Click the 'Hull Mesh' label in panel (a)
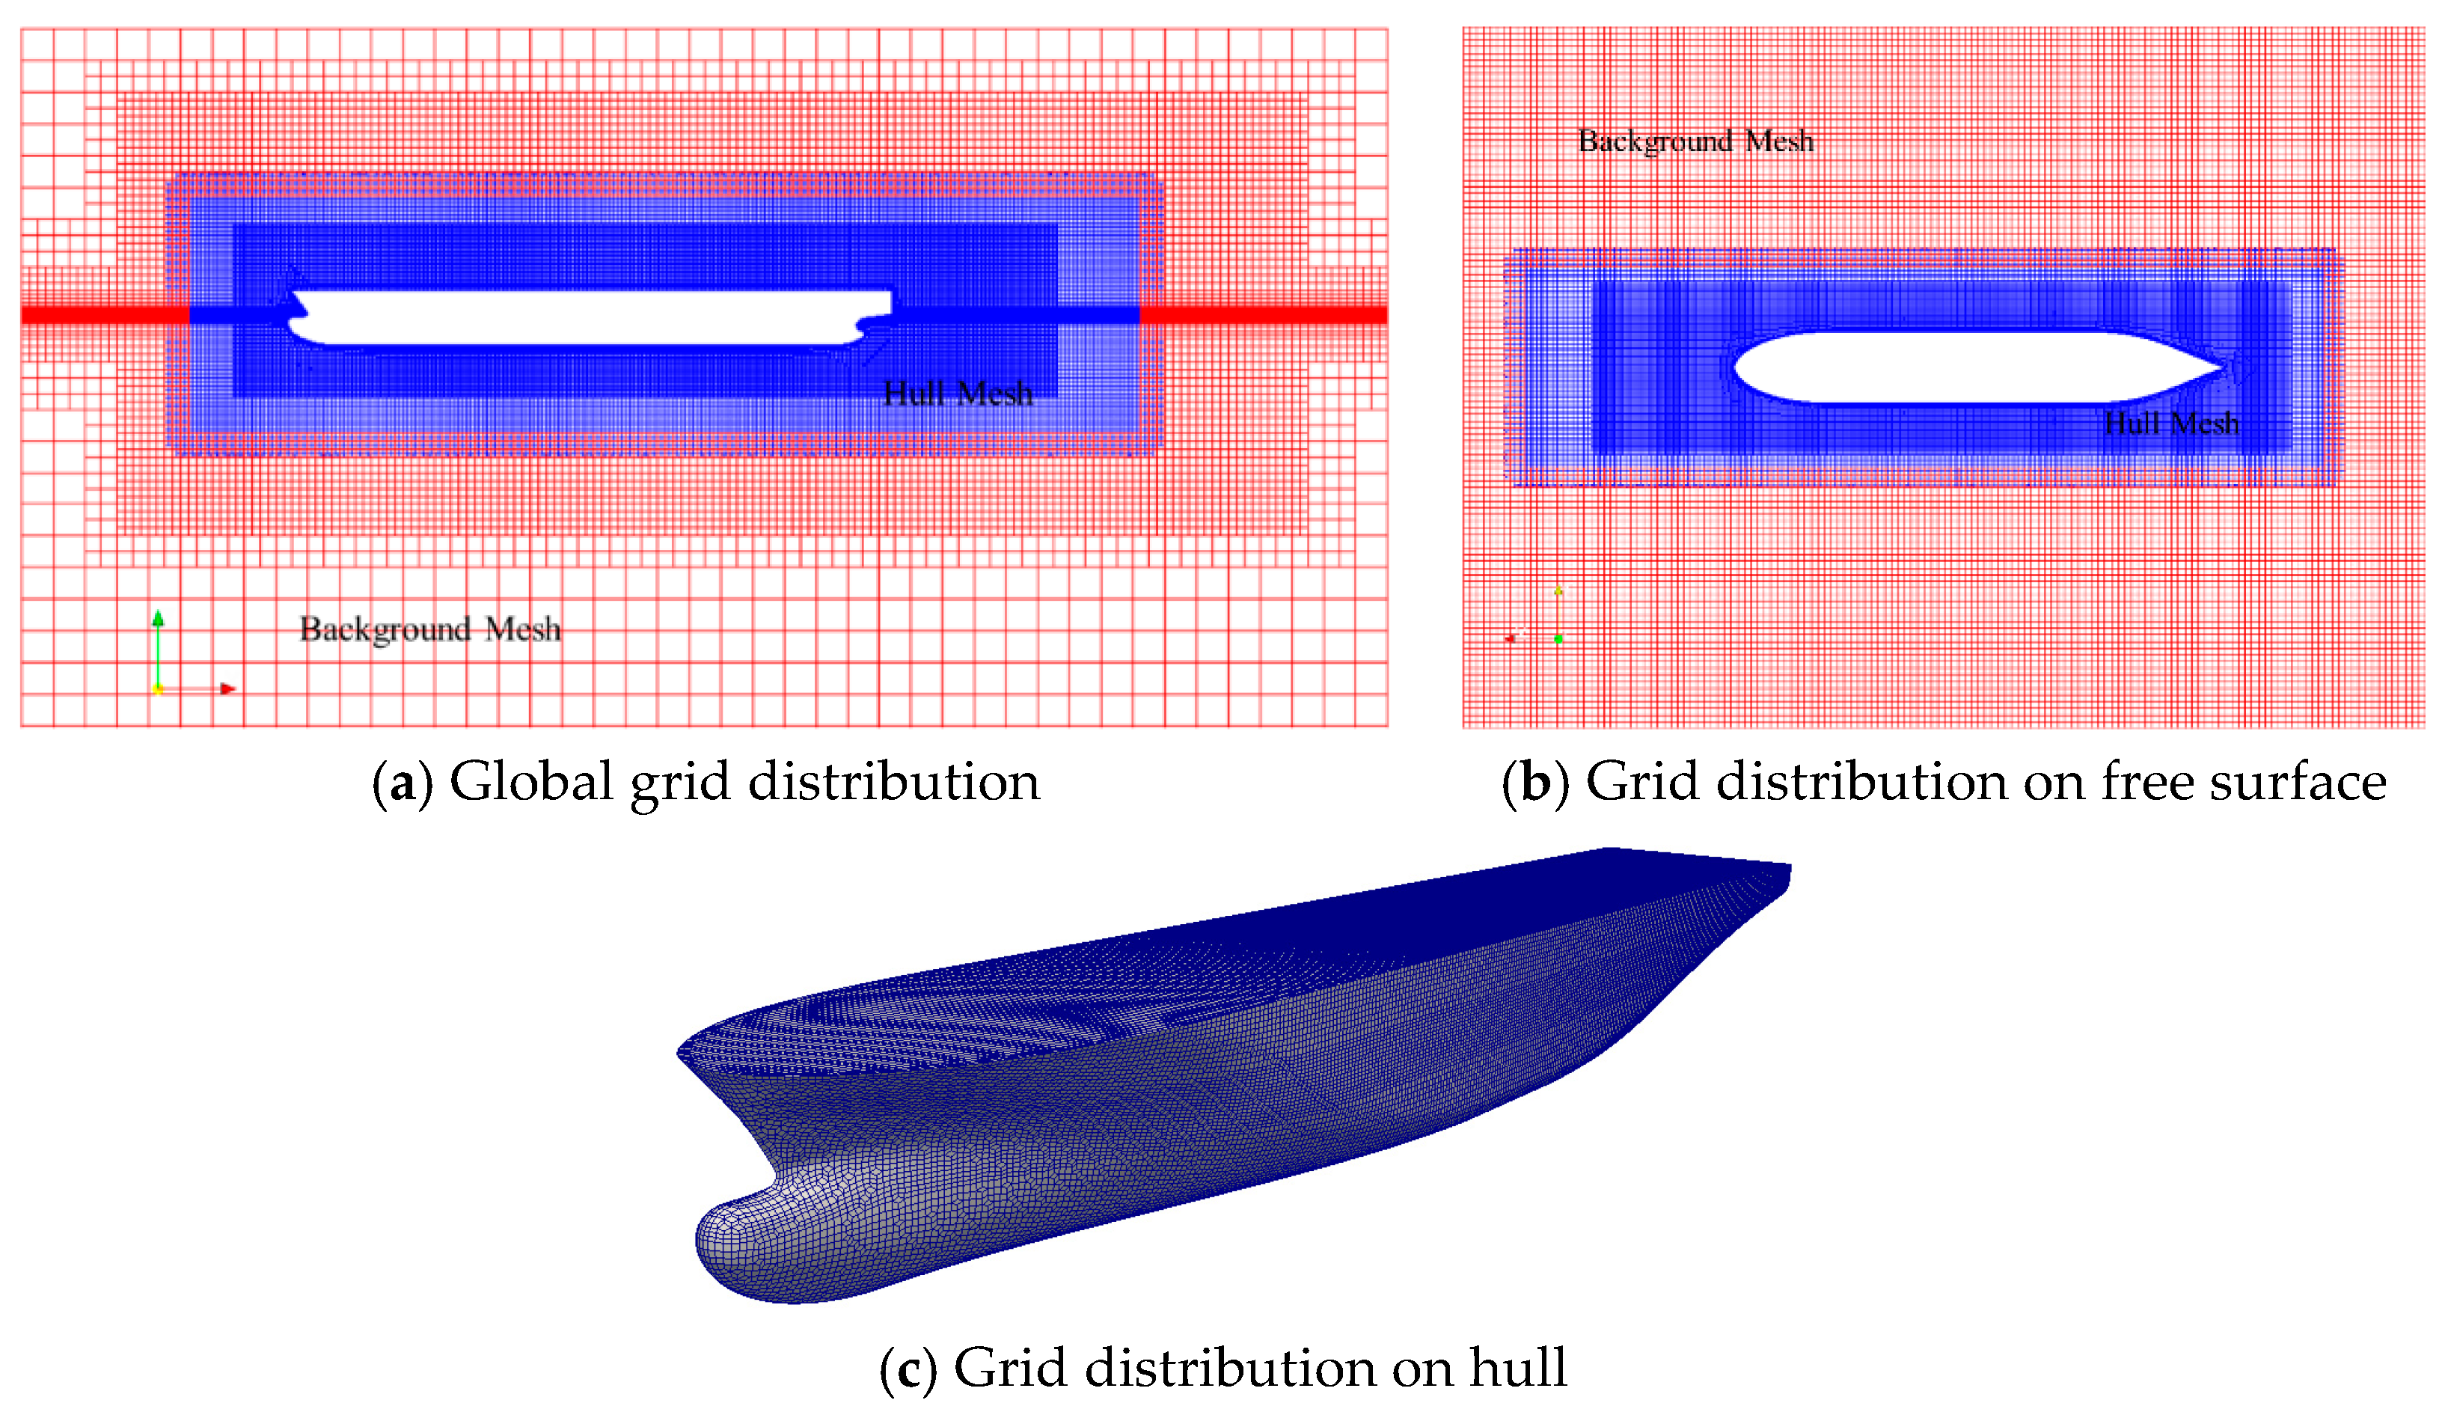click(957, 393)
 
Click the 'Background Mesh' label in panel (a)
click(429, 629)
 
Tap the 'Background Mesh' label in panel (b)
click(1695, 141)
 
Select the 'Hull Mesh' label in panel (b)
click(2171, 423)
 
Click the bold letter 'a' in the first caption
click(402, 783)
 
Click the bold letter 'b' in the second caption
click(1534, 783)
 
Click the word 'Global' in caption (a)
click(530, 782)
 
